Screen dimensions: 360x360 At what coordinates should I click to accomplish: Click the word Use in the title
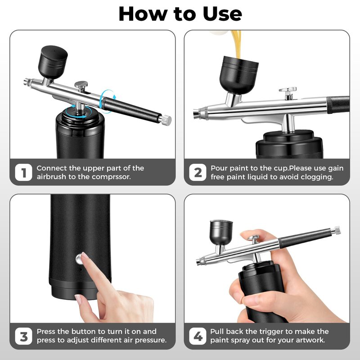[222, 14]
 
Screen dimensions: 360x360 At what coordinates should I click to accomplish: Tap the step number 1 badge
[23, 172]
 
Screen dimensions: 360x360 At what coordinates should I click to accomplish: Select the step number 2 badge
[198, 172]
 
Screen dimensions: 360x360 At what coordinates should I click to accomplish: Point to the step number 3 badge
[23, 336]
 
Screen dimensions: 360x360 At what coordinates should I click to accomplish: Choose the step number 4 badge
[198, 336]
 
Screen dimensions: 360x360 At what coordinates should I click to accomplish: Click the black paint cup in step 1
[53, 62]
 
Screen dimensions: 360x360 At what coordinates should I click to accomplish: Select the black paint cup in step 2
[239, 75]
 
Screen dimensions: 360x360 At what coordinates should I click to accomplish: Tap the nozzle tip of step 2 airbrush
[195, 113]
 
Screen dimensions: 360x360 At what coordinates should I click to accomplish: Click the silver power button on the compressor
[80, 259]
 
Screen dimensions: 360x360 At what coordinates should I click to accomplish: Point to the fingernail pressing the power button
[85, 256]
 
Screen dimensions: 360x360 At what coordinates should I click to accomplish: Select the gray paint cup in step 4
[221, 232]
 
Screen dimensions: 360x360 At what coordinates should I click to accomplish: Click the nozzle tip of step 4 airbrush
[198, 262]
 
